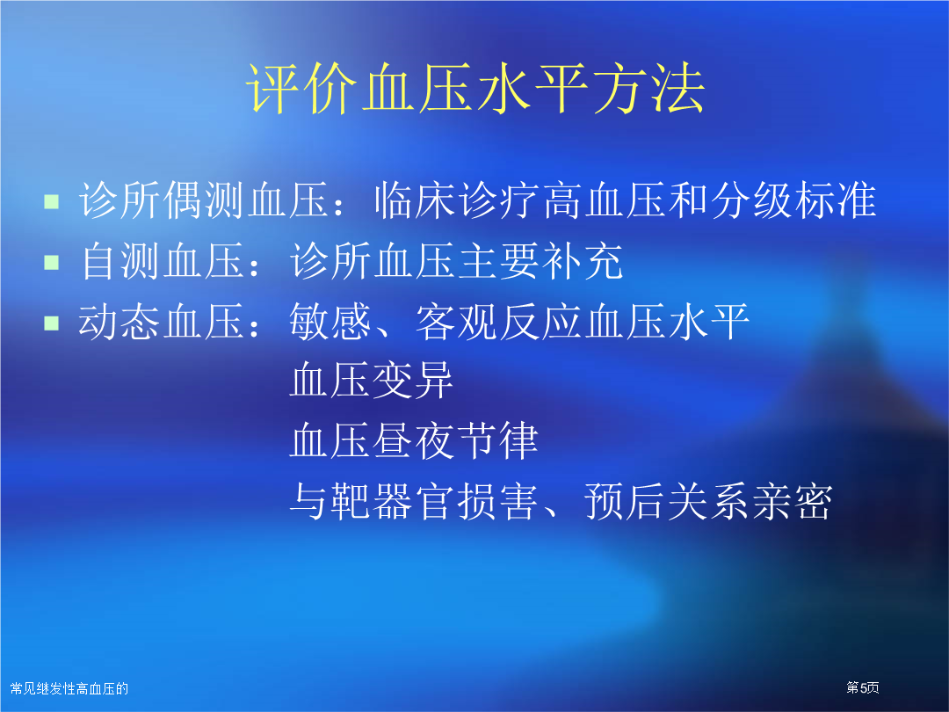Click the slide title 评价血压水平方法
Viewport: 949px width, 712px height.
[x=475, y=89]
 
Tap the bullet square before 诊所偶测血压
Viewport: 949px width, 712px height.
[x=52, y=201]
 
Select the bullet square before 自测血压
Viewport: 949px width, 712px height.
[x=52, y=262]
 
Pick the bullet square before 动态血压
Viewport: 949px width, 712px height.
[x=52, y=323]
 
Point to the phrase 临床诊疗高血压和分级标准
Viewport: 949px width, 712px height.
[x=626, y=200]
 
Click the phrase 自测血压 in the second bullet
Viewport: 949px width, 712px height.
[x=163, y=261]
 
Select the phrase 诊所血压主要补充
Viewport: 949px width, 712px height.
[x=456, y=261]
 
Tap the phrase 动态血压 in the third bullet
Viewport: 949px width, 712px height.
[x=162, y=322]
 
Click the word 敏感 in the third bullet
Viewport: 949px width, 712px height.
[x=330, y=322]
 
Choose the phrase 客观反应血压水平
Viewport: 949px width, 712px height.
[x=583, y=322]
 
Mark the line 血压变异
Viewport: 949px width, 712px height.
[x=372, y=381]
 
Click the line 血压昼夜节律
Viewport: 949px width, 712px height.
[x=414, y=440]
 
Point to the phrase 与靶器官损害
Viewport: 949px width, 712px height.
[x=414, y=501]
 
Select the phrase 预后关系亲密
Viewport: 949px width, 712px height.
[x=708, y=501]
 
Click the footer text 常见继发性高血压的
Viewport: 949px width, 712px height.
[x=69, y=688]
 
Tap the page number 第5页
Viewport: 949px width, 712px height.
[x=863, y=687]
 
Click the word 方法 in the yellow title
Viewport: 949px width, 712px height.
[x=648, y=89]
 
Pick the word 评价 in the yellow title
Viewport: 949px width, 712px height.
[x=301, y=89]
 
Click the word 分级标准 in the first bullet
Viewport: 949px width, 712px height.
[x=793, y=200]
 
